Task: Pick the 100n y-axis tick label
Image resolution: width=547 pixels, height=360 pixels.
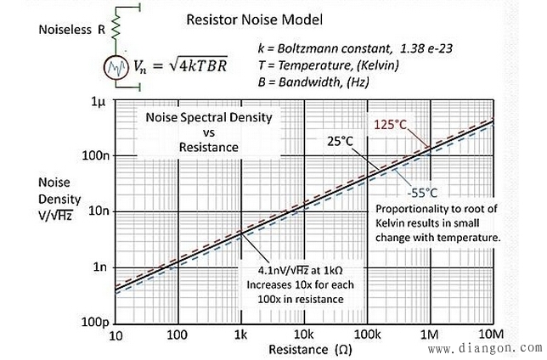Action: tap(91, 157)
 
